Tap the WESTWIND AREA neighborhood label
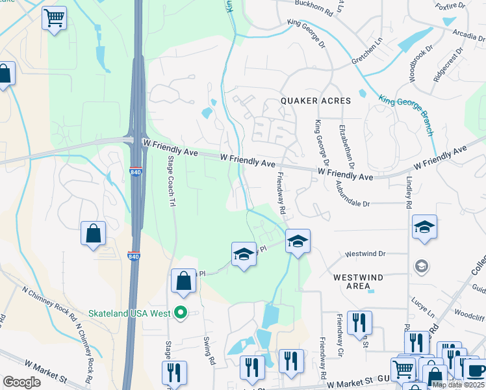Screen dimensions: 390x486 click(x=358, y=281)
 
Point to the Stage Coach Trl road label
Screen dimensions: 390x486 click(x=172, y=181)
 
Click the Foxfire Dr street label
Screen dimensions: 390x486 click(x=452, y=6)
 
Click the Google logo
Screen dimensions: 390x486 click(x=21, y=382)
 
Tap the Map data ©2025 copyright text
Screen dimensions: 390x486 click(x=457, y=385)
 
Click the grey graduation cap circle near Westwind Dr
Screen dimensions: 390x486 click(x=421, y=266)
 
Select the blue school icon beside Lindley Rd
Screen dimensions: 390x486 click(x=424, y=227)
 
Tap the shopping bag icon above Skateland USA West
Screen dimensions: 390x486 click(x=184, y=280)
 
